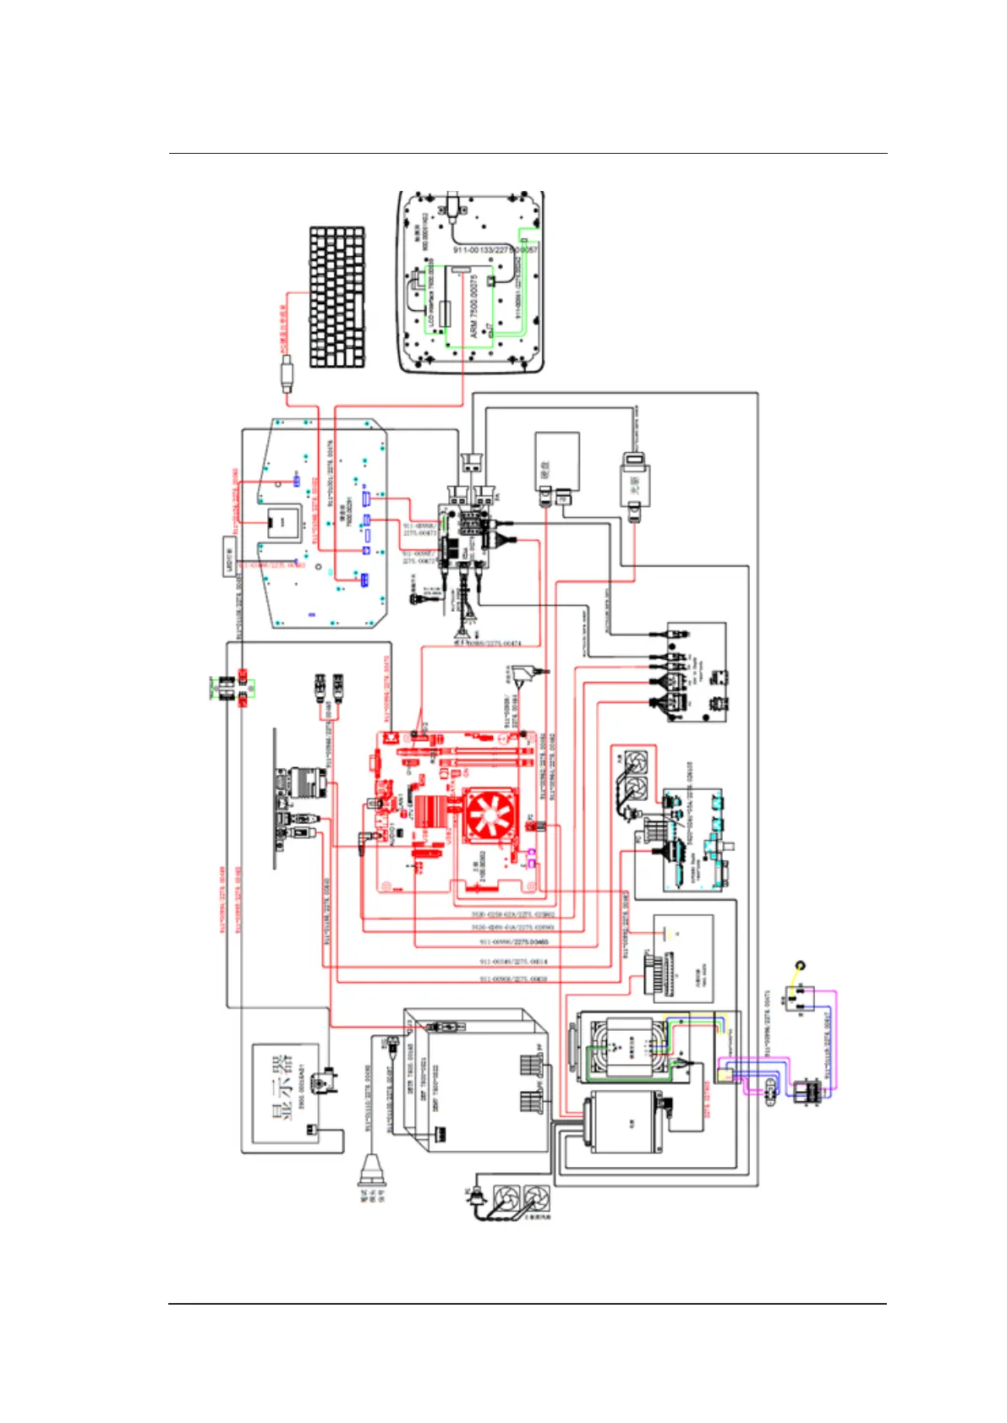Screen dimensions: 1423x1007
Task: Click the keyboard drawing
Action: (337, 297)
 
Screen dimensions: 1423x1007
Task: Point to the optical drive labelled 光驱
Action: (635, 481)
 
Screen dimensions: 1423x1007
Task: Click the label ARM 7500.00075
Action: (474, 305)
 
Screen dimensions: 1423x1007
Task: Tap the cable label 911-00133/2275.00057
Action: (495, 249)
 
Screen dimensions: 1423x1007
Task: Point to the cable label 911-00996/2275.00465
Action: (513, 941)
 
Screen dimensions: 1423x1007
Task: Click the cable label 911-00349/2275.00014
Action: (513, 962)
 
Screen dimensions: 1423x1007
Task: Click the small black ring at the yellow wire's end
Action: (800, 965)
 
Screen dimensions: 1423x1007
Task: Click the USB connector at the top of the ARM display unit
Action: (454, 201)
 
